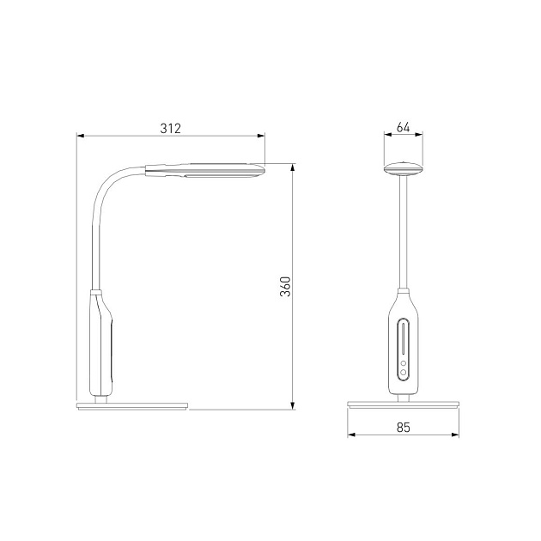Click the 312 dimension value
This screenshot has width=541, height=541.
(170, 128)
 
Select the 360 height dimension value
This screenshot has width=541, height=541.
(285, 286)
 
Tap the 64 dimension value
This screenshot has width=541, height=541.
(403, 127)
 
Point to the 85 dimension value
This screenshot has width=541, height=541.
(404, 427)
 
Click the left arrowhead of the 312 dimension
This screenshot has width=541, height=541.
(81, 136)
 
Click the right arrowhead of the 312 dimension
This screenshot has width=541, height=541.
(261, 136)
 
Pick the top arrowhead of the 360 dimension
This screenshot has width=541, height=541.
(293, 167)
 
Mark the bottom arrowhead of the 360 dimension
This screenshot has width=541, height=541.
(293, 405)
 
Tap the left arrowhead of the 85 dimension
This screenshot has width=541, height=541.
(351, 435)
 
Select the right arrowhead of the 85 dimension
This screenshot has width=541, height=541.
(455, 435)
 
